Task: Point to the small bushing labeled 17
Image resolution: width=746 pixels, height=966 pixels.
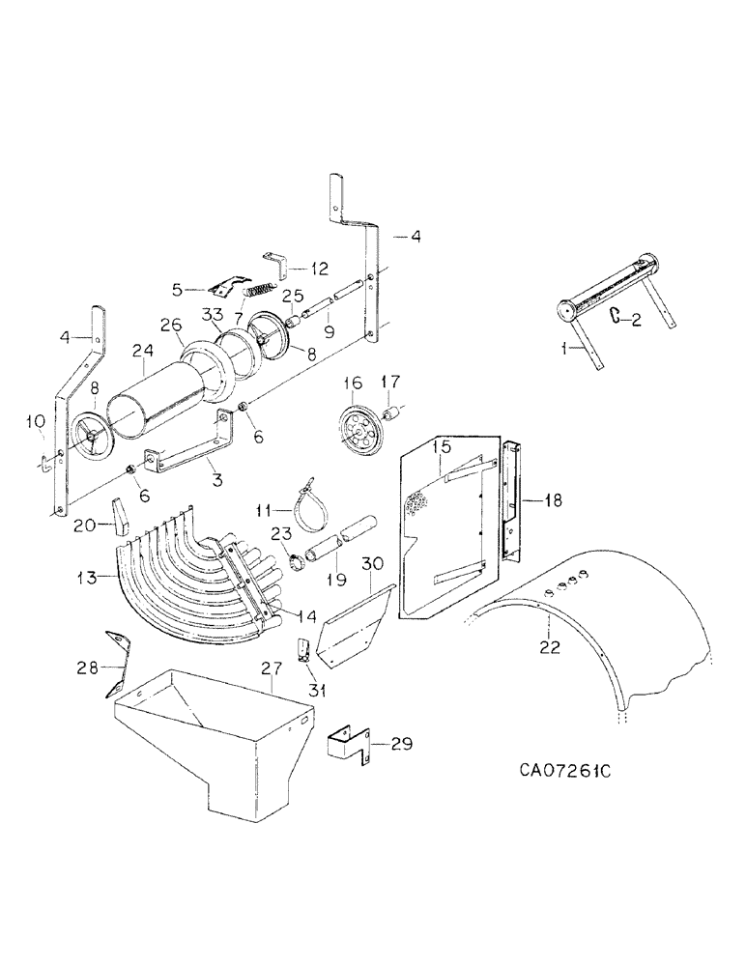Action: coord(393,414)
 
